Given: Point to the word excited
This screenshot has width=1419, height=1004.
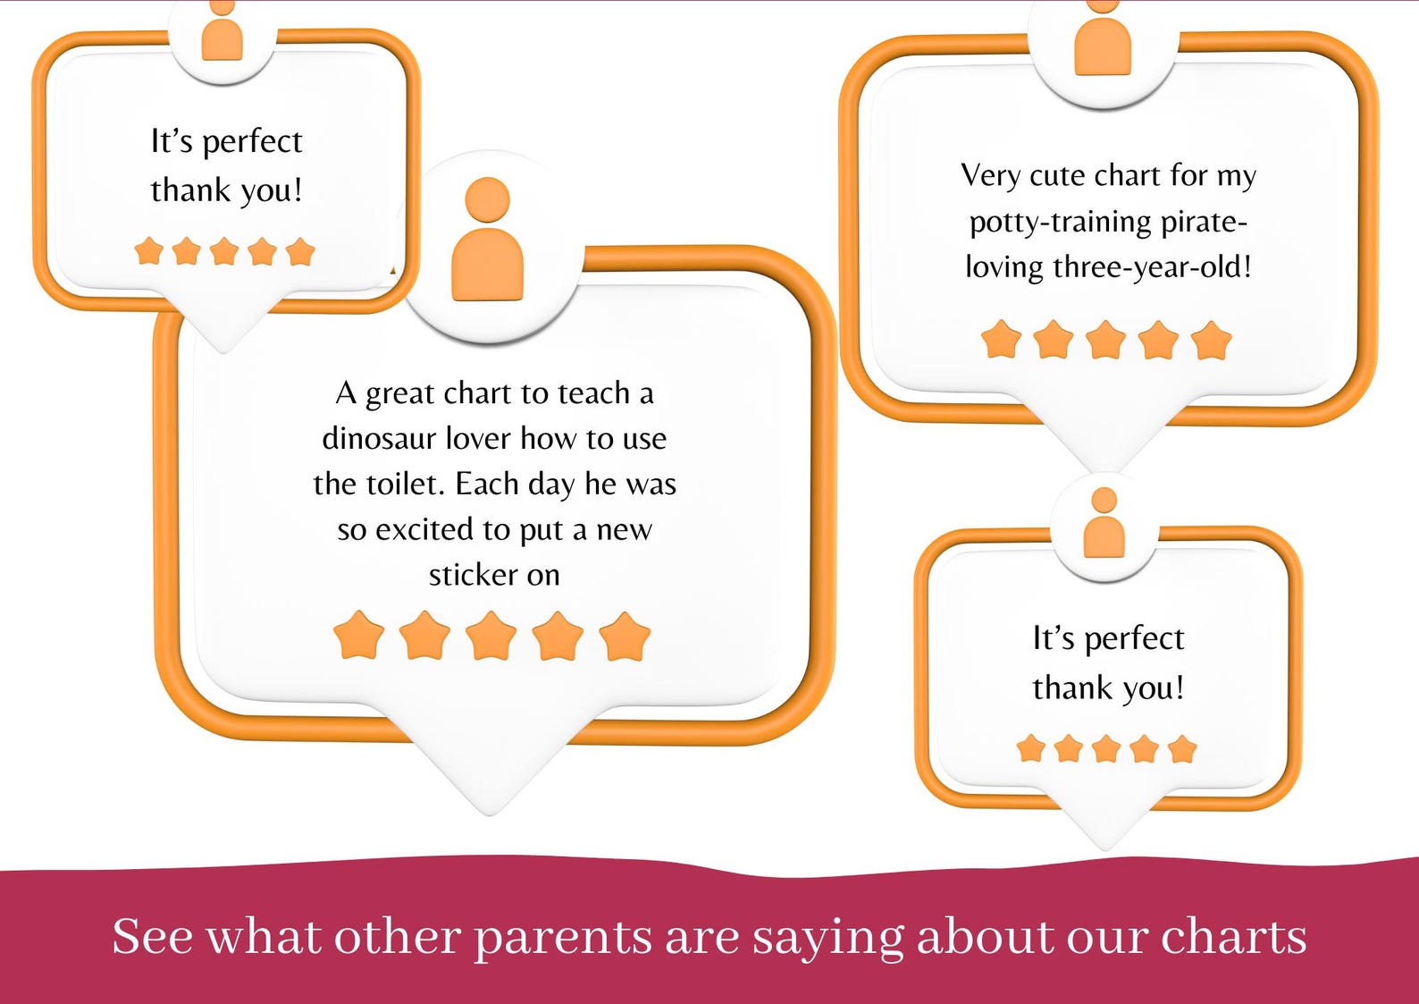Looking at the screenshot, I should tap(424, 529).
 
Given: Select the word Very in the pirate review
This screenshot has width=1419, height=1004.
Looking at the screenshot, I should tap(990, 175).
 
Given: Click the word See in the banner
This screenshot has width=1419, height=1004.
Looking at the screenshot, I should tap(152, 936).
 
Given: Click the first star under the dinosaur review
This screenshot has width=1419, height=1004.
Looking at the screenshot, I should tap(358, 636).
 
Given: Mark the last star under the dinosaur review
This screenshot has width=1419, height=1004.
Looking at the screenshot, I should tap(625, 636).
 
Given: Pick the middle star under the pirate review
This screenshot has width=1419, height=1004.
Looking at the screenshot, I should tap(1105, 340).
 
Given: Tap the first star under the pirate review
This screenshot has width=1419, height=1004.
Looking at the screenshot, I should tap(1001, 340).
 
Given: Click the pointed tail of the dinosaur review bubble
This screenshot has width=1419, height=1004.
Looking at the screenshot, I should tap(491, 787).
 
